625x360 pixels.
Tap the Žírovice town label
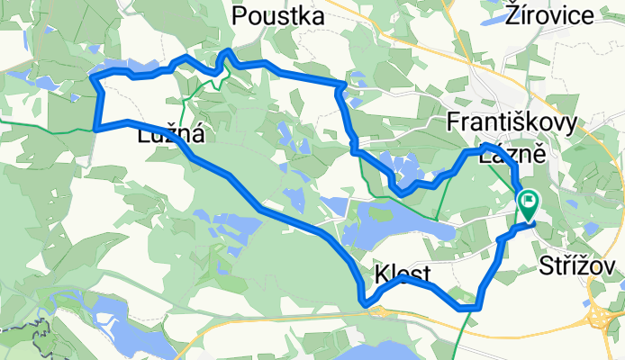pos(550,15)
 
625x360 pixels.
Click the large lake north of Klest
pos(396,230)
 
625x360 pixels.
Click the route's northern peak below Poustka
pos(229,52)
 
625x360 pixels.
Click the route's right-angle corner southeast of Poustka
pos(343,85)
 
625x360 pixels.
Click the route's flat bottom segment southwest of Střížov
pos(468,307)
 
